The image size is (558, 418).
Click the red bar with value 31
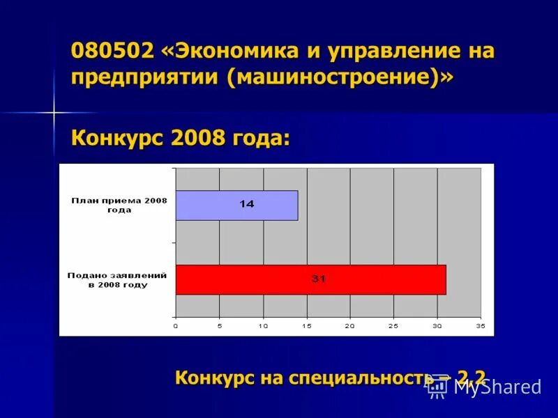310,279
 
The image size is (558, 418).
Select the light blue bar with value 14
236,206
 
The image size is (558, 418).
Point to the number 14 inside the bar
246,205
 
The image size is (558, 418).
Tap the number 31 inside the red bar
319,279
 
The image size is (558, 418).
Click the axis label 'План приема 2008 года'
119,205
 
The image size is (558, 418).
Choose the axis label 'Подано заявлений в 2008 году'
117,280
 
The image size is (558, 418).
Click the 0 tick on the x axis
176,325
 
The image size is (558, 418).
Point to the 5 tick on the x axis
219,325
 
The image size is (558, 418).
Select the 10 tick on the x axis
263,325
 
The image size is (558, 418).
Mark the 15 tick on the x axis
306,325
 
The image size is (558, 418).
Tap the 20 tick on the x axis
349,325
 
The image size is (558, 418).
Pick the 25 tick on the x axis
393,325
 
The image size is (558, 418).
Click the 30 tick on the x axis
437,325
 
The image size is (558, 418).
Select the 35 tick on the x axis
480,325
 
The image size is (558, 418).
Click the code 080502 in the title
112,52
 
